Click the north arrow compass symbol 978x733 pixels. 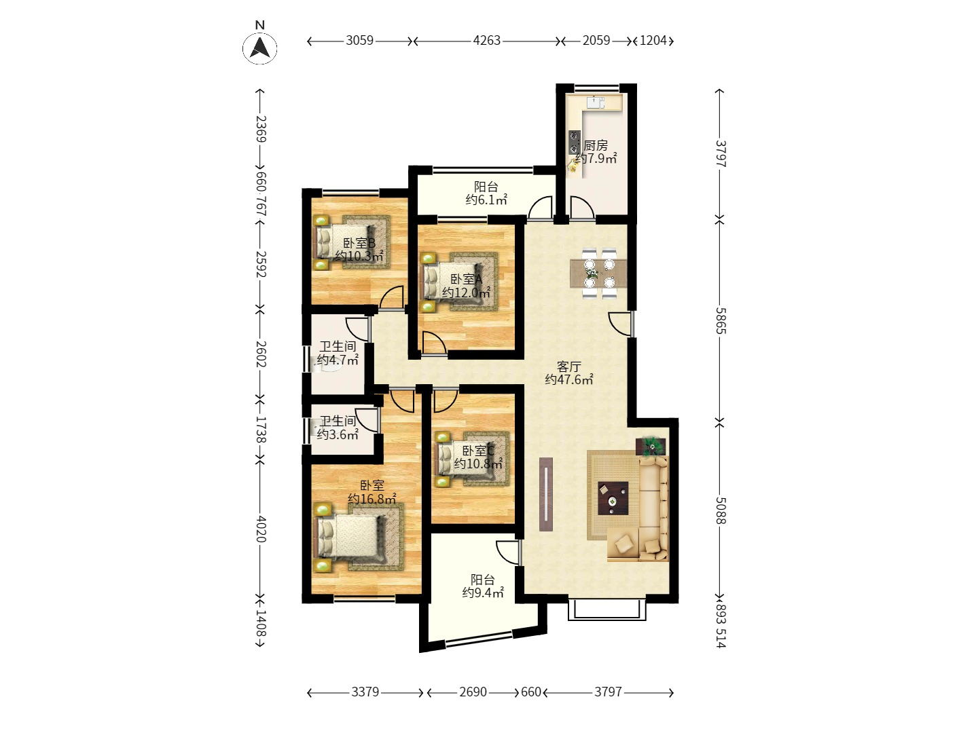pyautogui.click(x=259, y=48)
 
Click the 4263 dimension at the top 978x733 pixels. pyautogui.click(x=486, y=41)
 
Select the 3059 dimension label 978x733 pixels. pyautogui.click(x=359, y=41)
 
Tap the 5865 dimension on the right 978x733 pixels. pyautogui.click(x=721, y=320)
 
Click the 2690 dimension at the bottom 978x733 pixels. pyautogui.click(x=473, y=692)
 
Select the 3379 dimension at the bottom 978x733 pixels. pyautogui.click(x=365, y=692)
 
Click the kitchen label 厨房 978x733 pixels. pyautogui.click(x=596, y=145)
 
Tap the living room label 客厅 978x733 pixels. pyautogui.click(x=569, y=366)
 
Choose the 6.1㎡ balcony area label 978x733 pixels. pyautogui.click(x=486, y=200)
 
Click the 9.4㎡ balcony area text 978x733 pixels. pyautogui.click(x=483, y=593)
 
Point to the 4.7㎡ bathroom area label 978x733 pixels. pyautogui.click(x=338, y=360)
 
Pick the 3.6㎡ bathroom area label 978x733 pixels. pyautogui.click(x=338, y=434)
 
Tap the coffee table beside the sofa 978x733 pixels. pyautogui.click(x=613, y=498)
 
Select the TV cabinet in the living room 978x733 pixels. pyautogui.click(x=546, y=494)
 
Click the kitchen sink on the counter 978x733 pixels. pyautogui.click(x=596, y=102)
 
